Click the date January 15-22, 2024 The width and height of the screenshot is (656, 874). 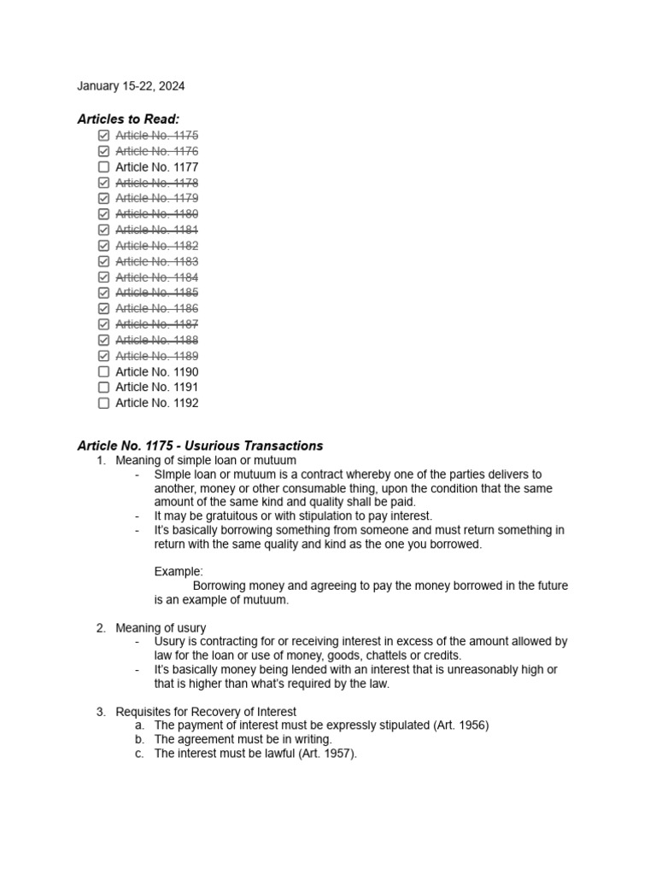tap(131, 86)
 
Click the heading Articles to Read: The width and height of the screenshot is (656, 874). tap(128, 119)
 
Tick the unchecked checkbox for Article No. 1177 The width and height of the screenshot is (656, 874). tap(103, 167)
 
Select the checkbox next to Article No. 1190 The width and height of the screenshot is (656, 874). tap(103, 372)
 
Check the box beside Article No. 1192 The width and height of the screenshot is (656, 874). tap(103, 404)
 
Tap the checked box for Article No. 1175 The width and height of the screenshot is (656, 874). tap(103, 136)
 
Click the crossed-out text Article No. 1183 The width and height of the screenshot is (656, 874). tap(156, 262)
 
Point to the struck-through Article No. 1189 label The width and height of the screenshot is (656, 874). tap(156, 356)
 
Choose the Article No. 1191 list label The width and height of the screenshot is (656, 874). tap(156, 387)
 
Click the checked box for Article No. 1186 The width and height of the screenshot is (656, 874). tap(103, 309)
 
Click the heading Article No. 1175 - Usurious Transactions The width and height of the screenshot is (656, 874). tap(200, 446)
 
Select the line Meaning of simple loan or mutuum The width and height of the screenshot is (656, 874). tap(205, 461)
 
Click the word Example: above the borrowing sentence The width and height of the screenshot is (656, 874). tap(179, 571)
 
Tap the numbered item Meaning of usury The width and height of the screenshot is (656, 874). tap(161, 628)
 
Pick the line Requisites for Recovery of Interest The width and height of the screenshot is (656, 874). tap(206, 712)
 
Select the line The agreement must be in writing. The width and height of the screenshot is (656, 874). tap(243, 740)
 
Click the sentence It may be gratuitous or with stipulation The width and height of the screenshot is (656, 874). tap(293, 516)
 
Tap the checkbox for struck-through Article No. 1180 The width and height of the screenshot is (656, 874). tap(103, 214)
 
